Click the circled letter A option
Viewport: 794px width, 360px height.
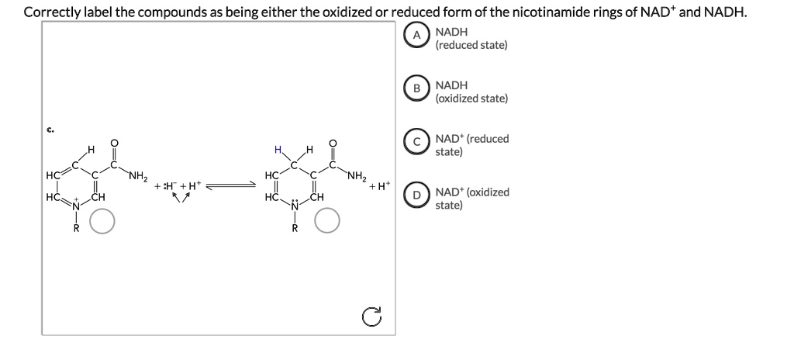click(x=416, y=36)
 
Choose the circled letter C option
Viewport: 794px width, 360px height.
click(x=416, y=143)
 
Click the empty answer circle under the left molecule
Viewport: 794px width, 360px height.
click(x=103, y=223)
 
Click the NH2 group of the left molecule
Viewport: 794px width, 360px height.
click(x=139, y=174)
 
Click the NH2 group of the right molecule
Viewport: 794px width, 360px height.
click(x=357, y=174)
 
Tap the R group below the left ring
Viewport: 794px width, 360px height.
click(x=76, y=229)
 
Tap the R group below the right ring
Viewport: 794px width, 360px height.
click(x=294, y=229)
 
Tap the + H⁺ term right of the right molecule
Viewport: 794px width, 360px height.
click(x=380, y=186)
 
